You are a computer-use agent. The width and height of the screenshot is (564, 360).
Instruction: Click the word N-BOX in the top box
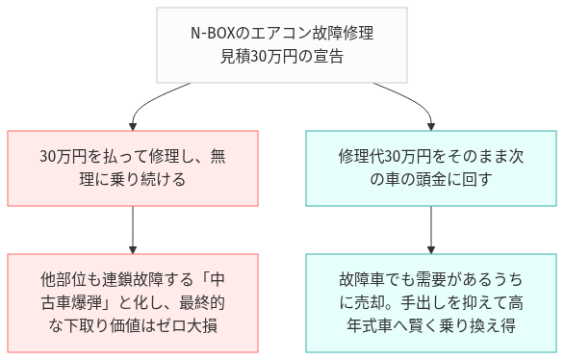[213, 36]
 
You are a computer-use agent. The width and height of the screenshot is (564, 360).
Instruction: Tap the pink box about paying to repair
[133, 167]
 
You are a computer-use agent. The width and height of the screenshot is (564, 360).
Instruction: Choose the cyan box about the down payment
[430, 167]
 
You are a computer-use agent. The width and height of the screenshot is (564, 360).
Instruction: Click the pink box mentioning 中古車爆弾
[133, 302]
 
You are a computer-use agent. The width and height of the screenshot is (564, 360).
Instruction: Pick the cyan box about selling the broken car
[430, 302]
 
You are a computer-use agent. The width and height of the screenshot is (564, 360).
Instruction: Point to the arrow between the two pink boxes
[133, 230]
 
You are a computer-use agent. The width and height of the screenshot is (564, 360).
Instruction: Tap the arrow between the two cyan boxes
[430, 230]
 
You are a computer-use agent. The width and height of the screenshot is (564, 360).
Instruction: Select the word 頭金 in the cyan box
[434, 179]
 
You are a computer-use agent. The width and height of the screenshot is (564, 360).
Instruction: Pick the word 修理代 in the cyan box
[360, 156]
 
